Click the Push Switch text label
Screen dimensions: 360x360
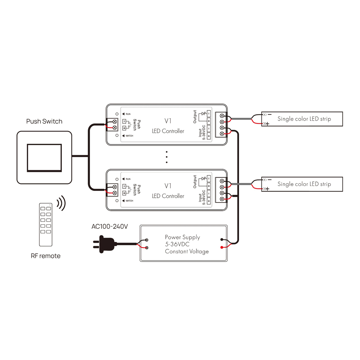coord(44,121)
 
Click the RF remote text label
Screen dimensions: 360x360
coord(45,256)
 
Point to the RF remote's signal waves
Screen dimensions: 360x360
coord(61,203)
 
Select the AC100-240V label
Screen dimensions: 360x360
coord(110,226)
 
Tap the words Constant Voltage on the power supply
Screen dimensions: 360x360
coord(187,251)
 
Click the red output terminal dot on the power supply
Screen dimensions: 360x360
coord(221,247)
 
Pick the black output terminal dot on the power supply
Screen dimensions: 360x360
coord(221,239)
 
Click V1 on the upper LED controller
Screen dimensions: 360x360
coord(168,121)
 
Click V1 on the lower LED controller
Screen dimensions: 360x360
coord(168,186)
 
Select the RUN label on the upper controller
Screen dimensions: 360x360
coord(128,114)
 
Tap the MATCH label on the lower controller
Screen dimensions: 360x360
coord(129,201)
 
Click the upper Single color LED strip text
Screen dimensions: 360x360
coord(304,119)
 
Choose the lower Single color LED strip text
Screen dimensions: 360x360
coord(304,184)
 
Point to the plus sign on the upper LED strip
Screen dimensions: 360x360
coord(268,124)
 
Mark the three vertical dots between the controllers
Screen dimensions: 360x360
coord(167,157)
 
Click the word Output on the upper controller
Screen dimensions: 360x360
coord(195,117)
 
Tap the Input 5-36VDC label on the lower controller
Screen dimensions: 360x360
coord(202,197)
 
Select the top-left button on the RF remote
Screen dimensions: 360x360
coord(43,208)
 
